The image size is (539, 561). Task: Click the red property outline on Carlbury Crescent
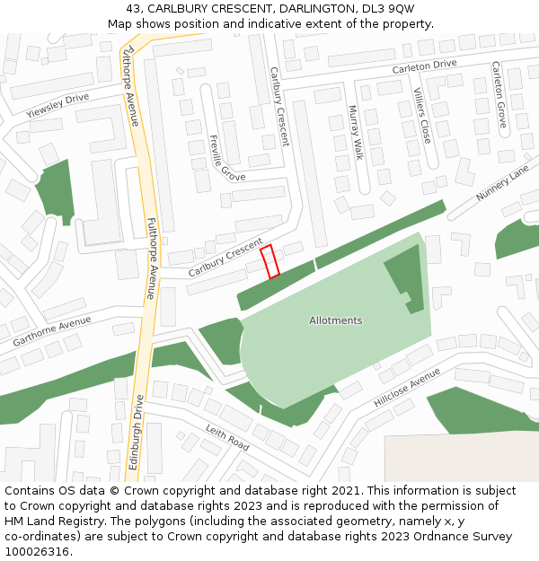tap(269, 261)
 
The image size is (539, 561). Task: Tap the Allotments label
tap(335, 320)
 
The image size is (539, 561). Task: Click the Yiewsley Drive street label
tap(58, 105)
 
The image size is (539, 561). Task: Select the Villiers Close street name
tap(421, 116)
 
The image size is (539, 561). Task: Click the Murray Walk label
tap(355, 133)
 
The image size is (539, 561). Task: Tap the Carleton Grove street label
tap(499, 94)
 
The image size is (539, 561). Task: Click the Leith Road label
tap(226, 437)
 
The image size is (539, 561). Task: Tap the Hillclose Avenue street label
tap(407, 387)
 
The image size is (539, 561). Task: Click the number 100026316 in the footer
tap(37, 551)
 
